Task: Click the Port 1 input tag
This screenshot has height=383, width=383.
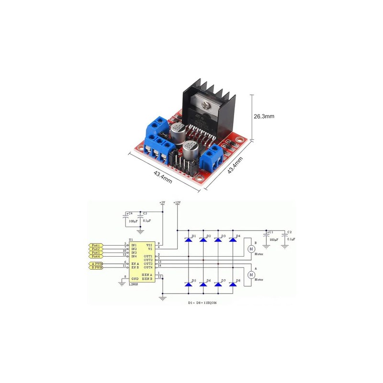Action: (x=96, y=245)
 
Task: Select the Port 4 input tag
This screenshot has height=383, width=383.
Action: (x=96, y=256)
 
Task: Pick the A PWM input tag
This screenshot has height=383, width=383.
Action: (x=96, y=264)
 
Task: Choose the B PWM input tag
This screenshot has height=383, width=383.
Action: (x=96, y=268)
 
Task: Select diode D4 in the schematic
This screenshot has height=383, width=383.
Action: (x=233, y=240)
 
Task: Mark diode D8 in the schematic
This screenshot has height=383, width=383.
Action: (x=233, y=285)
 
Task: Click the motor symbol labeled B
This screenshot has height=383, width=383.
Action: (x=250, y=249)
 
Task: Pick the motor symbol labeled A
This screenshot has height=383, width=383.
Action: (x=250, y=275)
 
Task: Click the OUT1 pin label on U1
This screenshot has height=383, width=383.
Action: (x=148, y=256)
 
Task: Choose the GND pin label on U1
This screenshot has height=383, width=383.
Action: (x=135, y=278)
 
